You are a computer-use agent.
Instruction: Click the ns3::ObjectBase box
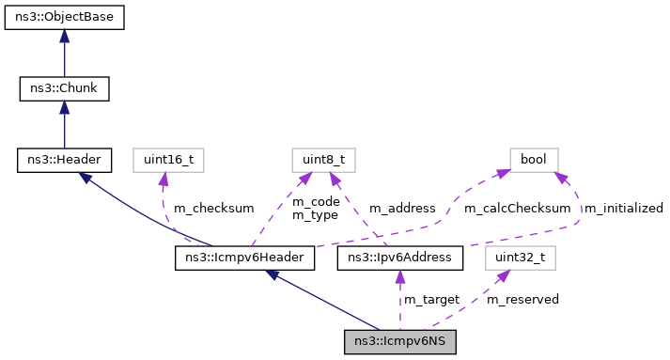(64, 18)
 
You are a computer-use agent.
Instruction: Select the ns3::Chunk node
(64, 89)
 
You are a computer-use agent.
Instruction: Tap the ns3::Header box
(64, 161)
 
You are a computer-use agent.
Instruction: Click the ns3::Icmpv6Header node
(244, 257)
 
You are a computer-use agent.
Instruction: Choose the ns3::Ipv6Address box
(399, 257)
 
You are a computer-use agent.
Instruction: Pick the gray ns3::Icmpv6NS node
(399, 341)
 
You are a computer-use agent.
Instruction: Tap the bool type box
(534, 161)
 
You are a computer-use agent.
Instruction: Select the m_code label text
(315, 202)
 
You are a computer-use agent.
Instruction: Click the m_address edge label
(402, 208)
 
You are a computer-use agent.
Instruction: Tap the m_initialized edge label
(623, 208)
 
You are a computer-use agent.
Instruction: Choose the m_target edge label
(431, 299)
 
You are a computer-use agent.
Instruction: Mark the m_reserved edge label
(522, 299)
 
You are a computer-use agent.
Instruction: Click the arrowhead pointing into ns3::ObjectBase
(64, 35)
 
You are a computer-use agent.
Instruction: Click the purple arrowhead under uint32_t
(504, 274)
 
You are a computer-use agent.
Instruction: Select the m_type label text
(315, 215)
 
